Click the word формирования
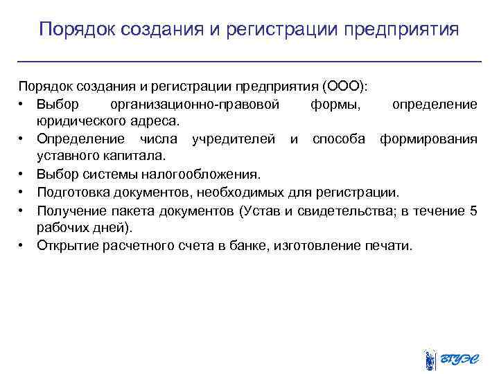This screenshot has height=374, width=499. [428, 139]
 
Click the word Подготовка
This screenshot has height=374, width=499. [71, 192]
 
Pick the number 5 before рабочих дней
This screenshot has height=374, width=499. [473, 210]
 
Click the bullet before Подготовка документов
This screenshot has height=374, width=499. [23, 192]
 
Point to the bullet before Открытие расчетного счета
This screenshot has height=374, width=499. [23, 245]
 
